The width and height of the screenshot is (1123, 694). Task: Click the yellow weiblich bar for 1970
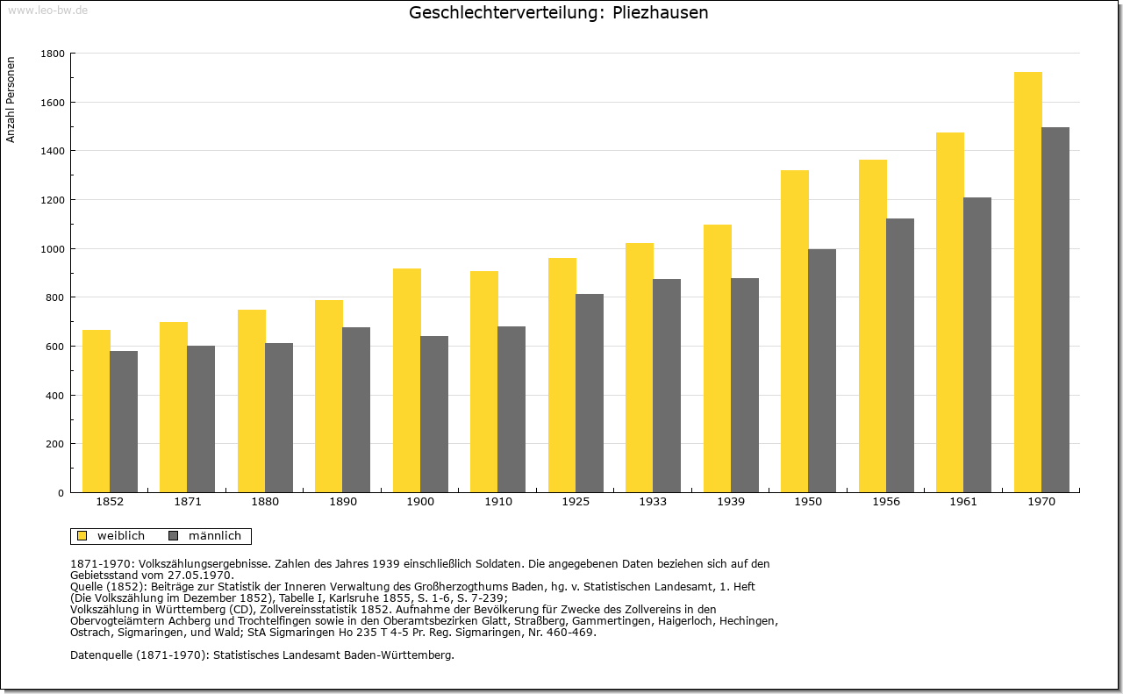[x=1027, y=283]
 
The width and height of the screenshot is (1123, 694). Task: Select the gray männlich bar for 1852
[x=124, y=422]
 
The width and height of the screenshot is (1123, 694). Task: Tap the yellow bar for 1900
[x=406, y=381]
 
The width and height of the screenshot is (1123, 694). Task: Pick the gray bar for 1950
[x=822, y=371]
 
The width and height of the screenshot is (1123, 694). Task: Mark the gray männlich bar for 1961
[x=977, y=345]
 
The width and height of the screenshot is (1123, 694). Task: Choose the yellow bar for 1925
[x=562, y=376]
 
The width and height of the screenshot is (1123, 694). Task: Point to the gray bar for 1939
[x=745, y=386]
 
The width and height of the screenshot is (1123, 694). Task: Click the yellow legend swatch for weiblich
[x=82, y=536]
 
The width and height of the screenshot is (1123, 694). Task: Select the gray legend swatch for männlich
[x=174, y=536]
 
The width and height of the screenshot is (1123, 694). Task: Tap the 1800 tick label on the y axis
[x=53, y=54]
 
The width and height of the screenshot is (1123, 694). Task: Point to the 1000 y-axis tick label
[x=53, y=249]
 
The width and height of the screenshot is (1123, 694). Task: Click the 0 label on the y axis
[x=61, y=493]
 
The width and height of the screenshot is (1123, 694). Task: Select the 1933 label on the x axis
[x=653, y=502]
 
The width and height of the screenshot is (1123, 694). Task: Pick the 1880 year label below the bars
[x=265, y=502]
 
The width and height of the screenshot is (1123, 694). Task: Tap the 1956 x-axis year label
[x=886, y=502]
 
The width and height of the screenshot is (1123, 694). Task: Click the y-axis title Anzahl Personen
[x=11, y=100]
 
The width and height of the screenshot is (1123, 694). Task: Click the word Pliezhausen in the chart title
[x=661, y=12]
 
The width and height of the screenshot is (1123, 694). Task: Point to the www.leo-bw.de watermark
[x=47, y=11]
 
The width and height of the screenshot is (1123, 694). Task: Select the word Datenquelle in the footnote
[x=101, y=655]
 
